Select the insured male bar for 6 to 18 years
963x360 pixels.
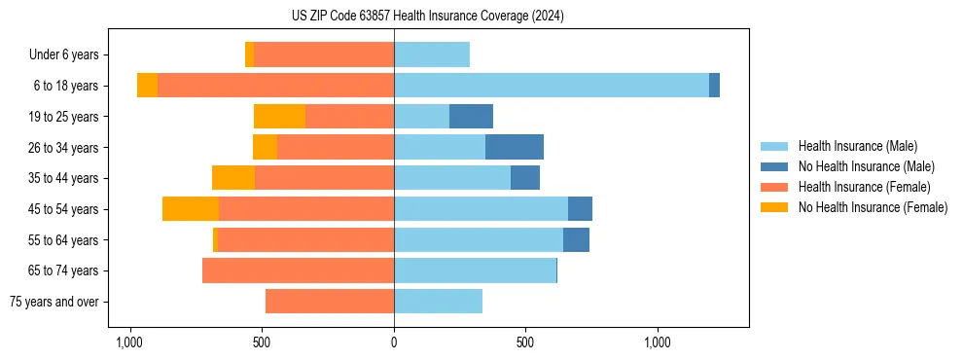[552, 86]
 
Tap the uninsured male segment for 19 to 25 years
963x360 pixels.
[471, 117]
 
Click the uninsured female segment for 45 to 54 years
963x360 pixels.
[191, 209]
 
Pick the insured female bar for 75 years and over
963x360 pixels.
[330, 302]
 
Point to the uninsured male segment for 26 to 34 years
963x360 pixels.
[515, 147]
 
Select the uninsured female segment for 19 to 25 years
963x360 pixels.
[279, 117]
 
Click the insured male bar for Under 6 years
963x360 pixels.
[432, 54]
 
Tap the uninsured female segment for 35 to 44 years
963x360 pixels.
[233, 178]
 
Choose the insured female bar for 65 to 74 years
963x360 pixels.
[298, 270]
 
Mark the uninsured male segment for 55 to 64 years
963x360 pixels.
[576, 240]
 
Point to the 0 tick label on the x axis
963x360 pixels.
[394, 342]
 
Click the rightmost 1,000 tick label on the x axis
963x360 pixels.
[658, 342]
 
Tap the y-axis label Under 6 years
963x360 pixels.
[64, 54]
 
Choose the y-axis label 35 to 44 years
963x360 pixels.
[65, 178]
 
